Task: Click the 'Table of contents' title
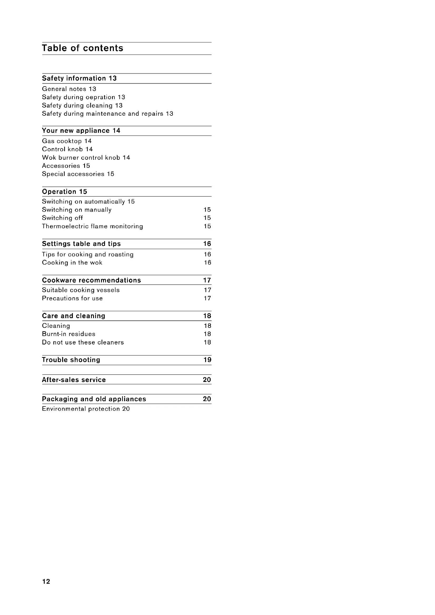[x=83, y=48]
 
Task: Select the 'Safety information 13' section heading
[x=79, y=78]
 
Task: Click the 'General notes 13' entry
[x=69, y=89]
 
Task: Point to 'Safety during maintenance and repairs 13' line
[x=107, y=114]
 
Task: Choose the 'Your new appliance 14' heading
[x=81, y=131]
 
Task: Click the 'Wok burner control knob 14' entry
[x=86, y=158]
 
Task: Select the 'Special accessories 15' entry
[x=78, y=174]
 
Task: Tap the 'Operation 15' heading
[x=64, y=192]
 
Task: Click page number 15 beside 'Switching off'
[x=207, y=218]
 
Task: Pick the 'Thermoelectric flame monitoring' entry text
[x=92, y=226]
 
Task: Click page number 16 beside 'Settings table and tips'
[x=207, y=244]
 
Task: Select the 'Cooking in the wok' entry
[x=72, y=263]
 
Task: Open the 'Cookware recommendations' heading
[x=91, y=280]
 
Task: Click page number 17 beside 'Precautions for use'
[x=207, y=298]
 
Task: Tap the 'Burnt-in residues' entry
[x=69, y=334]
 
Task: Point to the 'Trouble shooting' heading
[x=71, y=360]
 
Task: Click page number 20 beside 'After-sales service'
[x=207, y=380]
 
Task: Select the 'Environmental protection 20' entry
[x=86, y=409]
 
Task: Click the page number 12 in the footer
[x=46, y=582]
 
